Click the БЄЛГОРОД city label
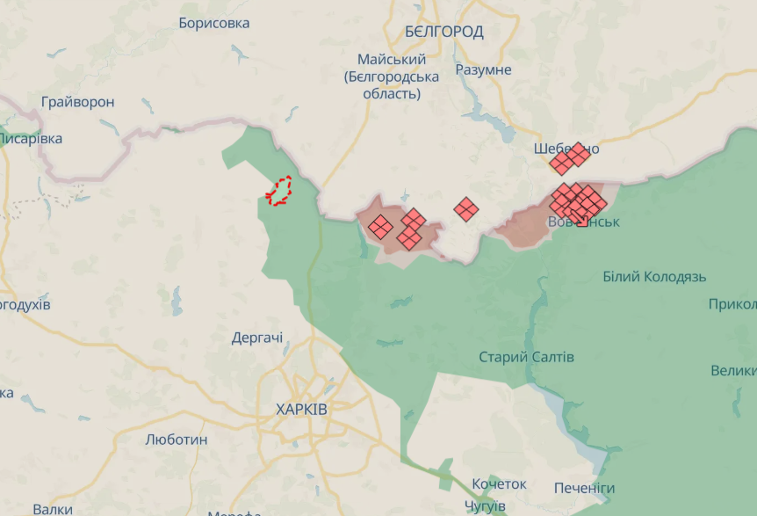pyautogui.click(x=444, y=32)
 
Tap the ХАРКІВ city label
pyautogui.click(x=301, y=410)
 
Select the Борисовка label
pyautogui.click(x=214, y=23)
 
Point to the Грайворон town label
pyautogui.click(x=77, y=102)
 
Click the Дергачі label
pyautogui.click(x=257, y=338)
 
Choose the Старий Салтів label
pyautogui.click(x=527, y=357)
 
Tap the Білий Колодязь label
pyautogui.click(x=654, y=277)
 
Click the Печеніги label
pyautogui.click(x=584, y=488)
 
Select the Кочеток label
pyautogui.click(x=499, y=484)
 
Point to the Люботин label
pyautogui.click(x=177, y=440)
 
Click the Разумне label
pyautogui.click(x=483, y=69)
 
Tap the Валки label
pyautogui.click(x=53, y=509)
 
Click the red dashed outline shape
pyautogui.click(x=280, y=191)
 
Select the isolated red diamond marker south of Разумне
pyautogui.click(x=466, y=209)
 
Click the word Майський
pyautogui.click(x=392, y=60)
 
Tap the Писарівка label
pyautogui.click(x=31, y=139)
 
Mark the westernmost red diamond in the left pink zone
pyautogui.click(x=380, y=227)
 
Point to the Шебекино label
pyautogui.click(x=566, y=149)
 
